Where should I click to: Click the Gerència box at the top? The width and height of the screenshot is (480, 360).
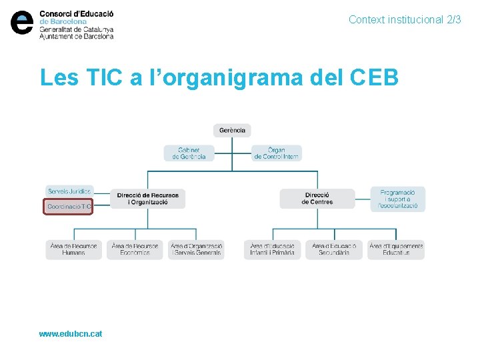pos(232,131)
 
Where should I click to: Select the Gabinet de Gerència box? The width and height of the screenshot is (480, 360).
pos(189,153)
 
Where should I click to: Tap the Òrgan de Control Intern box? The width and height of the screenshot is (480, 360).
pos(276,153)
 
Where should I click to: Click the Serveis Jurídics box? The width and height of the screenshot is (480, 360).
pos(69,191)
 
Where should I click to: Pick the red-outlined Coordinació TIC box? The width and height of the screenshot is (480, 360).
pos(69,207)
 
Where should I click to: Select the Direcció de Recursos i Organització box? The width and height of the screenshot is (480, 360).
pos(147,199)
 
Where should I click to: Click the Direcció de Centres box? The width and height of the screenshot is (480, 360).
pos(317,199)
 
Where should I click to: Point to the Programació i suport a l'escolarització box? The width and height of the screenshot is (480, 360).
pos(397,199)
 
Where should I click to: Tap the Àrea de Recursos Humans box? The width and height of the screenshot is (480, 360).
pos(73,249)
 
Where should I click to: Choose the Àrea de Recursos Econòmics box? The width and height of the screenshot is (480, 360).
pos(135,249)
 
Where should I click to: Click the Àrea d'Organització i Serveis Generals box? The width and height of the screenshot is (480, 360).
pos(196,249)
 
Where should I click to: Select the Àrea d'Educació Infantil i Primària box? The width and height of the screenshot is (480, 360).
pos(272,249)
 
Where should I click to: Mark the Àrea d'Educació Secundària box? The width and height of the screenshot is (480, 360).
pos(334,249)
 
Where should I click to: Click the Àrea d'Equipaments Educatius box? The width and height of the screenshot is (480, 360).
pos(396,249)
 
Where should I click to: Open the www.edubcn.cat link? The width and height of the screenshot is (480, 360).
pos(71,333)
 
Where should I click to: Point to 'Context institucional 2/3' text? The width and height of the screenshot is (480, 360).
pos(405,20)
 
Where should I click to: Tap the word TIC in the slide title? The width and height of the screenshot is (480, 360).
pos(105,77)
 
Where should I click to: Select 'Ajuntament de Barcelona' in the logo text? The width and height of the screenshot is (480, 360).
pos(76,36)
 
